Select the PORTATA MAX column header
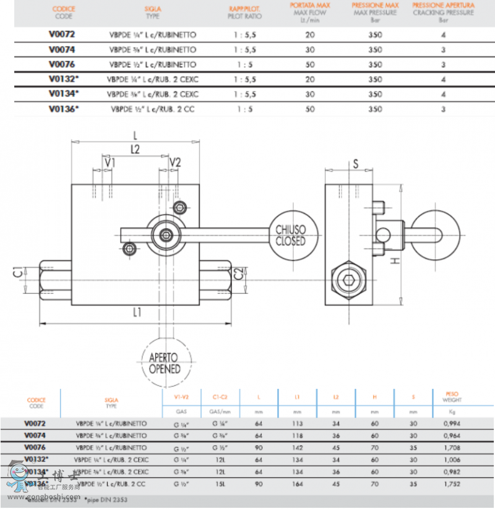click(x=310, y=9)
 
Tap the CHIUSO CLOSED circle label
click(x=291, y=235)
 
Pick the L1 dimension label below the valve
click(x=137, y=312)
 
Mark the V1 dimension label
click(x=110, y=162)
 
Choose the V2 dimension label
click(x=175, y=162)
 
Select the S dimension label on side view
click(x=356, y=164)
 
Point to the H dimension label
click(x=396, y=261)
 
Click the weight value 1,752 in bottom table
click(x=453, y=483)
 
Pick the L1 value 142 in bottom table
click(x=297, y=447)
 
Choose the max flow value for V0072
click(x=310, y=35)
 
